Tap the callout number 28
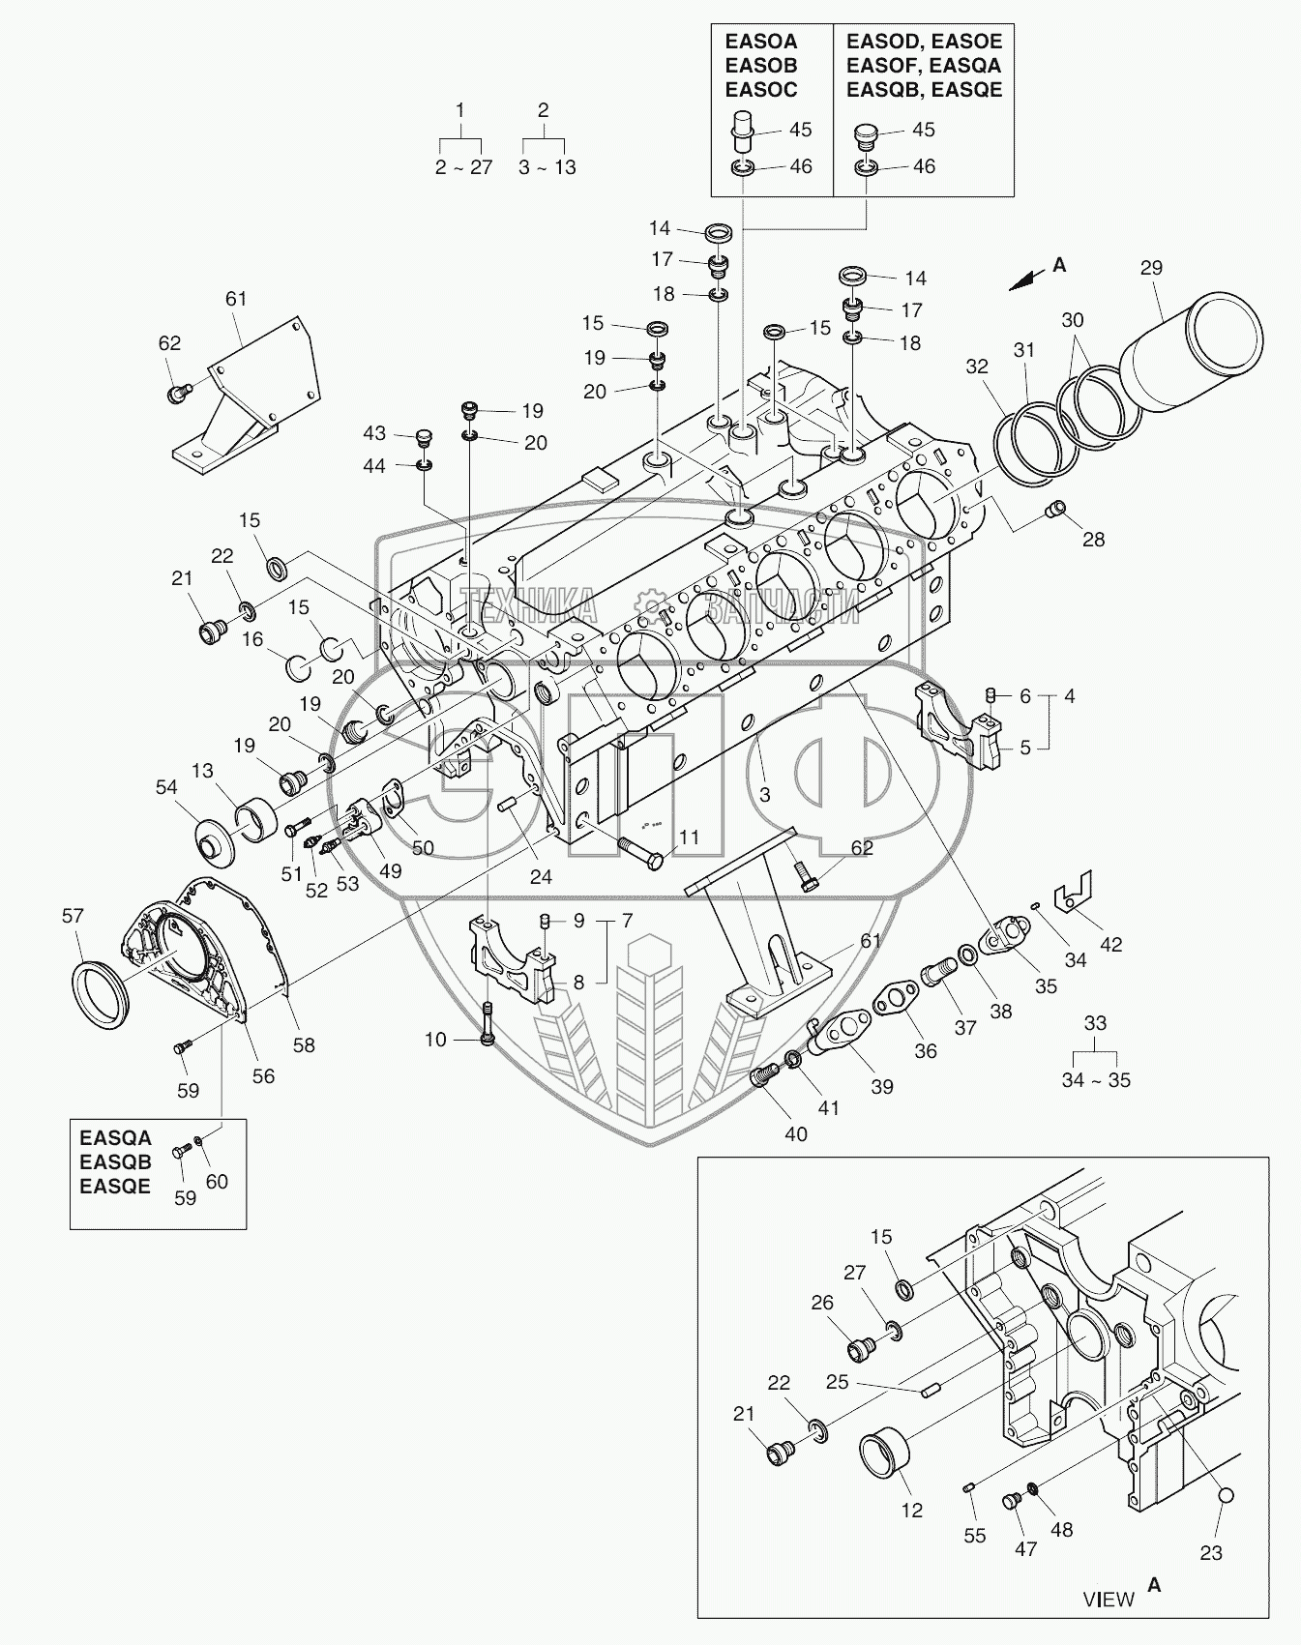1093,540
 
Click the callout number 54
166,787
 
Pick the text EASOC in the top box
761,90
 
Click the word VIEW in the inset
1109,1599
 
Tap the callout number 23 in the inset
1211,1553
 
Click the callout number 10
435,1040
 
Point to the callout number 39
881,1086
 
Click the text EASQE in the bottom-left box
115,1187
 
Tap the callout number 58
304,1045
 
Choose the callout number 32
977,367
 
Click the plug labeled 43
422,440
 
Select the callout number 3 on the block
764,795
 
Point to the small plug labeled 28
1056,509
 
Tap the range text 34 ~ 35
1095,1080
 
